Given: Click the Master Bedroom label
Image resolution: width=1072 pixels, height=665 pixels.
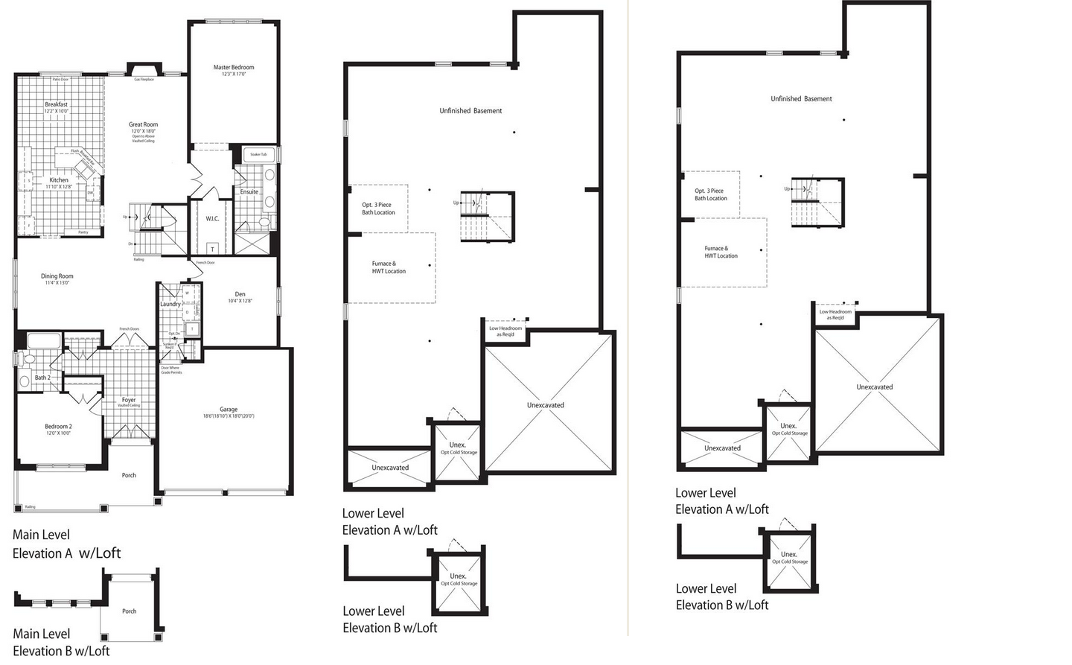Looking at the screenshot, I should [x=234, y=68].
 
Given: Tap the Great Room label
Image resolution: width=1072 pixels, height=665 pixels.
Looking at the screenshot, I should [x=143, y=125].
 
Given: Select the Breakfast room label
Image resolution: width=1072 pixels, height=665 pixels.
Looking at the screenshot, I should [x=57, y=105].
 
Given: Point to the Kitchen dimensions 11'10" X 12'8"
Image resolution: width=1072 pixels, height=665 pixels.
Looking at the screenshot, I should [x=59, y=187].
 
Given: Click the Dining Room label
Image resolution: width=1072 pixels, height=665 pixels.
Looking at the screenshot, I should [x=57, y=276].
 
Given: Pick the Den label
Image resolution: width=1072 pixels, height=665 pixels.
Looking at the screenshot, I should [x=240, y=294].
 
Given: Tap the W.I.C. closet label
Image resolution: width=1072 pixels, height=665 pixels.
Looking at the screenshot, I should [x=212, y=219].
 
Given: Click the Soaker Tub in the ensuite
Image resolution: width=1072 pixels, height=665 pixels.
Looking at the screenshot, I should [x=258, y=154].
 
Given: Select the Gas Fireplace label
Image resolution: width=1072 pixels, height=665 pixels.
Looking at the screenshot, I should [x=144, y=80].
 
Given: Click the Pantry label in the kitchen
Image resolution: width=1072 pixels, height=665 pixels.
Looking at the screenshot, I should [x=83, y=232].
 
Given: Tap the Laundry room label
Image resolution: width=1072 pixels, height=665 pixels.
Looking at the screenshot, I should [x=170, y=304].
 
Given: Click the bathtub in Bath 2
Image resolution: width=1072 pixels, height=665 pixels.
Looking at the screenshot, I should [x=44, y=342].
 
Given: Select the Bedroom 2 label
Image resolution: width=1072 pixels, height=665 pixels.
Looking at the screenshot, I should [x=58, y=427].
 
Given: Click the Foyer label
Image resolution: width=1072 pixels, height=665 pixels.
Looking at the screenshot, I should [x=129, y=400].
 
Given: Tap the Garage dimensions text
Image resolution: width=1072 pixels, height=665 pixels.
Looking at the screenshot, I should [x=229, y=416].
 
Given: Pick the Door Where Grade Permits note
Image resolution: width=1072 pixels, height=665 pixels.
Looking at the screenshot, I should [x=171, y=370].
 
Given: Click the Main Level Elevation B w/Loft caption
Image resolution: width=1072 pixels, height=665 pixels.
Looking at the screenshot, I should [x=61, y=643].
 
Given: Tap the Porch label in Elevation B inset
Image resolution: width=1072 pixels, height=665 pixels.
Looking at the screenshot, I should [x=130, y=611].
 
